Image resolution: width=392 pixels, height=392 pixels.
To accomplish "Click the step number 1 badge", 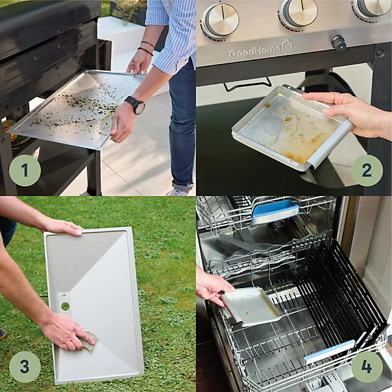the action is pyautogui.click(x=25, y=171).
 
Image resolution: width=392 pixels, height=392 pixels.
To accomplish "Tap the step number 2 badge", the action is pyautogui.click(x=367, y=171).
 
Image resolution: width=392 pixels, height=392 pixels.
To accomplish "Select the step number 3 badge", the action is pyautogui.click(x=25, y=367).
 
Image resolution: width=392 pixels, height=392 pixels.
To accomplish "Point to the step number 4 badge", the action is pyautogui.click(x=367, y=367).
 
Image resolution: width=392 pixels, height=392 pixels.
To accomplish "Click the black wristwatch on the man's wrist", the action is pyautogui.click(x=137, y=105).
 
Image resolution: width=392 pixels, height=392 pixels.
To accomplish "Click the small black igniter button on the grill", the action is pyautogui.click(x=338, y=43).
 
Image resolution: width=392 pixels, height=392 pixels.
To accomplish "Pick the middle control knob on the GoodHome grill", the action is pyautogui.click(x=298, y=12).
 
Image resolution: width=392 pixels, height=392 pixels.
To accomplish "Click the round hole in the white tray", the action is pyautogui.click(x=65, y=306).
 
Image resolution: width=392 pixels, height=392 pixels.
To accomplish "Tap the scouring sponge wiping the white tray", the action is pyautogui.click(x=88, y=341).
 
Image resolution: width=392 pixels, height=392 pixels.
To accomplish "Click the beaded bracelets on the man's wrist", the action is pyautogui.click(x=147, y=48).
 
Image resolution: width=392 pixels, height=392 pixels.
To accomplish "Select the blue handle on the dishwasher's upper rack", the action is pyautogui.click(x=276, y=212).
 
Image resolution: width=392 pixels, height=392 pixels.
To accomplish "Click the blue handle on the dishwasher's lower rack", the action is pyautogui.click(x=329, y=352).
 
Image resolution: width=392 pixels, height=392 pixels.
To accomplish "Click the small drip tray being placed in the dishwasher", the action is pyautogui.click(x=251, y=306).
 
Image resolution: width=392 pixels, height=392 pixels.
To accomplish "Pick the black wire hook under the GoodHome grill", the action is pyautogui.click(x=247, y=85).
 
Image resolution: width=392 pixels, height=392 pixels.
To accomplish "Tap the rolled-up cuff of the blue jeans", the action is pyautogui.click(x=183, y=186).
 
